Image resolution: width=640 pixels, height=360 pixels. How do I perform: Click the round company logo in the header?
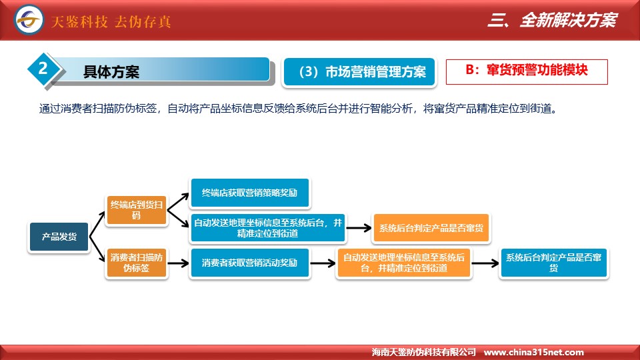click(29, 19)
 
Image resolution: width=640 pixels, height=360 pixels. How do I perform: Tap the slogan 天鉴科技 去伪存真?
click(111, 21)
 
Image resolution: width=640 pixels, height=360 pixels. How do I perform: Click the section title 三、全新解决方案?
click(553, 20)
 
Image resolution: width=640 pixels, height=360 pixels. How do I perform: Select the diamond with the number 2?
click(43, 69)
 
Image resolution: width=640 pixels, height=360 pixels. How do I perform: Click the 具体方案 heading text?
click(111, 72)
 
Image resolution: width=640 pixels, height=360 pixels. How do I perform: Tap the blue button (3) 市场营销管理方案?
click(359, 72)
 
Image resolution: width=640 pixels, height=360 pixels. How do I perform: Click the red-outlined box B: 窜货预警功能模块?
click(527, 72)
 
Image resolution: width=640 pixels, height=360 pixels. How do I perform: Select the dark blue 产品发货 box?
click(59, 237)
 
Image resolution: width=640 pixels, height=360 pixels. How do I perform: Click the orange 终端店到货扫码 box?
click(136, 210)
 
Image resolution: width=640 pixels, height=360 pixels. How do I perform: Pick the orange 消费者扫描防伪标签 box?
click(136, 263)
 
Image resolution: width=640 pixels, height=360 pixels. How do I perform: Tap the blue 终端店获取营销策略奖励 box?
click(250, 193)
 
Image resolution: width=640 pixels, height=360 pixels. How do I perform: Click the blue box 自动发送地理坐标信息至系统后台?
click(268, 228)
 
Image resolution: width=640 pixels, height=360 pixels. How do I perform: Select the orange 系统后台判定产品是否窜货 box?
click(431, 228)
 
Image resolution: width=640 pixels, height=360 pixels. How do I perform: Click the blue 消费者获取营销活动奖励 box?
click(250, 263)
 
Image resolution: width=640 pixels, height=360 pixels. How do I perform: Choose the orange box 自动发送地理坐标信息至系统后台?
click(404, 263)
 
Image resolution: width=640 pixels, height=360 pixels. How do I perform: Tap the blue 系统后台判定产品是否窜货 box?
click(553, 263)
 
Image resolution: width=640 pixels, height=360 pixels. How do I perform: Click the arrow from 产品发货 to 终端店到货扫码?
click(97, 224)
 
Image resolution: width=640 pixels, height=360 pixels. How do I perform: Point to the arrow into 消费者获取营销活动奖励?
click(179, 263)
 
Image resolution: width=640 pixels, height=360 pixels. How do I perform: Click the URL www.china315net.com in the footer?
click(533, 352)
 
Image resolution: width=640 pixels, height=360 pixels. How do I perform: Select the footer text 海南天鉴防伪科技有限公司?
click(424, 352)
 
